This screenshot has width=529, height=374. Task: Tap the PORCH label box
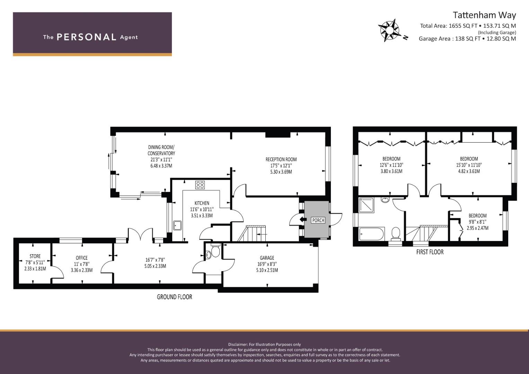click(318, 220)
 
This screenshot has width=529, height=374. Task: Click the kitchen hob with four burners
click(200, 185)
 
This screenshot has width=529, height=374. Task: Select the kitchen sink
click(177, 225)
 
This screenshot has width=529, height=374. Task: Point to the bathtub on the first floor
click(371, 234)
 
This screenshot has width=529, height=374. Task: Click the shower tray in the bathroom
click(367, 205)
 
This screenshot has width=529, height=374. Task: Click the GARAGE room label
click(267, 258)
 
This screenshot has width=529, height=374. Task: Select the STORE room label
click(35, 256)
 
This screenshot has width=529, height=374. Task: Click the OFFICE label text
click(81, 258)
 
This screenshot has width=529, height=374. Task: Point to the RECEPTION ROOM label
click(281, 159)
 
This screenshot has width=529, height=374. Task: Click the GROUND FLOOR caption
click(175, 297)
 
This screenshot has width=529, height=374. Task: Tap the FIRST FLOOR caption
click(430, 252)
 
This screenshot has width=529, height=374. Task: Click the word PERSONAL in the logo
click(87, 37)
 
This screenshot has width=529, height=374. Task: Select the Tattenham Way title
click(484, 15)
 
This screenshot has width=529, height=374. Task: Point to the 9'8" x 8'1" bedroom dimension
click(477, 222)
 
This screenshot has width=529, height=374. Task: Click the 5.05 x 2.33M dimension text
click(155, 266)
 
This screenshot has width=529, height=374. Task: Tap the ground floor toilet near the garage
click(215, 251)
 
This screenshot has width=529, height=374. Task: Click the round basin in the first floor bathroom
click(385, 200)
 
